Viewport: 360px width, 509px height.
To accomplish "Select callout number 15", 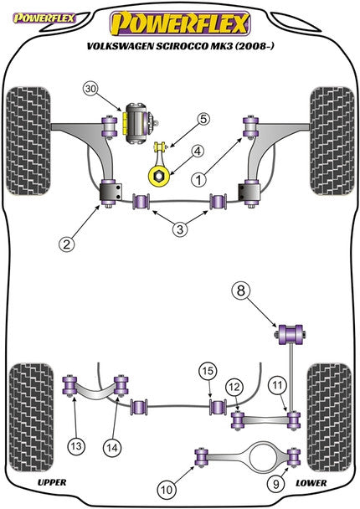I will [206, 371].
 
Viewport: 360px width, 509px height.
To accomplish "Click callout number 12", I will [235, 386].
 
